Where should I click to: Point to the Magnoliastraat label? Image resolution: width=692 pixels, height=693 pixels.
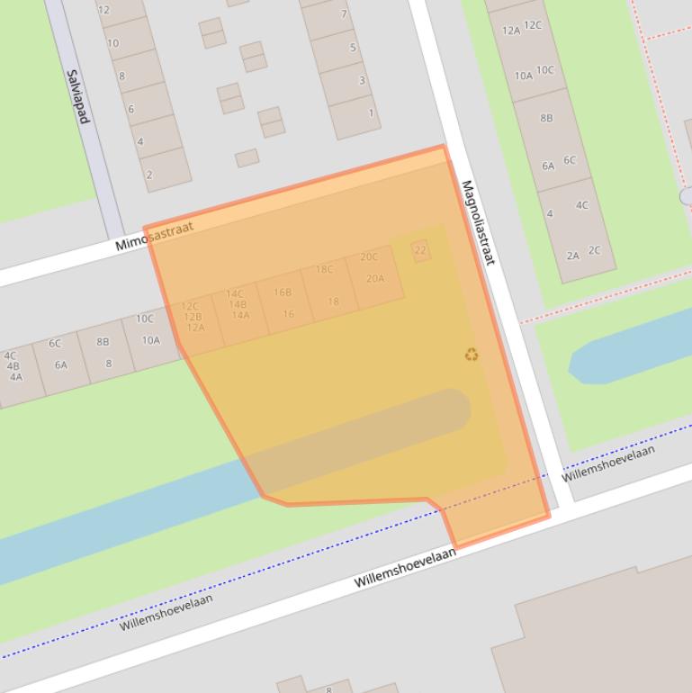(478, 222)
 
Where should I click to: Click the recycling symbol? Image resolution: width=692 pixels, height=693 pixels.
(472, 355)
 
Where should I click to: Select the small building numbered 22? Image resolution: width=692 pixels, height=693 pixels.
(420, 251)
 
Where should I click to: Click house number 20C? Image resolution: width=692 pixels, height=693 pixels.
(369, 257)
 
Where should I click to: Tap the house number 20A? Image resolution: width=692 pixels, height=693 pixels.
(375, 279)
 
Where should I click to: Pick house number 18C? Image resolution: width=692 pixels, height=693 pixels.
(324, 269)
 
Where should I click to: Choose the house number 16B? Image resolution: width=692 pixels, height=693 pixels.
(283, 292)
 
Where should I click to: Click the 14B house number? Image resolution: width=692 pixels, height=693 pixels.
(238, 304)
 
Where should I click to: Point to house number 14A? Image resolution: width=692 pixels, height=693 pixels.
(240, 315)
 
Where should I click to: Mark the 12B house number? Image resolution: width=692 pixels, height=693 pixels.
(193, 317)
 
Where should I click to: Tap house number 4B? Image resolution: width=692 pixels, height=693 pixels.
(13, 366)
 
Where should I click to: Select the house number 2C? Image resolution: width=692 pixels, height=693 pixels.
(594, 250)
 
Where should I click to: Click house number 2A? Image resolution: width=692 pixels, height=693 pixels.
(573, 256)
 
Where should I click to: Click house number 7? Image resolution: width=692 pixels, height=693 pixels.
(344, 14)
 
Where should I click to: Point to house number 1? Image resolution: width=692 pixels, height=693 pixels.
(371, 113)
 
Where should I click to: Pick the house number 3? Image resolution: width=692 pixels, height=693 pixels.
(363, 81)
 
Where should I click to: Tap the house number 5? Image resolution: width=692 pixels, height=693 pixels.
(353, 48)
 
